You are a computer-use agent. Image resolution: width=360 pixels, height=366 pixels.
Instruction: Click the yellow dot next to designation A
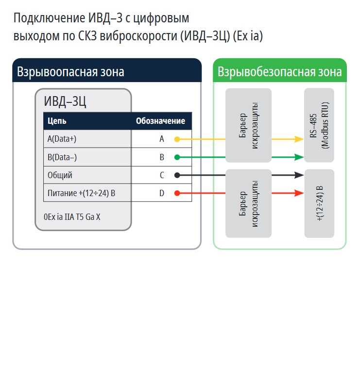(x=177, y=139)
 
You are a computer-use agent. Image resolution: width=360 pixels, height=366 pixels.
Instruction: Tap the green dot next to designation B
(x=177, y=157)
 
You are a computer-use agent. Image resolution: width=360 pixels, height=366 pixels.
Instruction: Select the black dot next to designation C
(x=177, y=175)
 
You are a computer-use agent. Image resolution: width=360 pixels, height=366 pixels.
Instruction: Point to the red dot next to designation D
(x=177, y=193)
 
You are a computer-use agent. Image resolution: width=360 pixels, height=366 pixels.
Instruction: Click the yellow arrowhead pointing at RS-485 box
(x=299, y=139)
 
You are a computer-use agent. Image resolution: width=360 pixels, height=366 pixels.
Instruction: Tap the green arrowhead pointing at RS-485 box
(x=299, y=157)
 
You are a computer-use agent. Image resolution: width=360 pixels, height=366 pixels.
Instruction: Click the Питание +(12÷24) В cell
(x=81, y=193)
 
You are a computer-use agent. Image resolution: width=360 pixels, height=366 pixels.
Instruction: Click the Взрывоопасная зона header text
(x=71, y=72)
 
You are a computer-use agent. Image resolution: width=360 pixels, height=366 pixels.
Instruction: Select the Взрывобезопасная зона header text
(x=280, y=72)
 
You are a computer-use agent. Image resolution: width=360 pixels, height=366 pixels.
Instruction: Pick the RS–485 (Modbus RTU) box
(x=319, y=125)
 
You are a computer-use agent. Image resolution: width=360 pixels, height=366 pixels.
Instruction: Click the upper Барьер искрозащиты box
(x=248, y=125)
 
